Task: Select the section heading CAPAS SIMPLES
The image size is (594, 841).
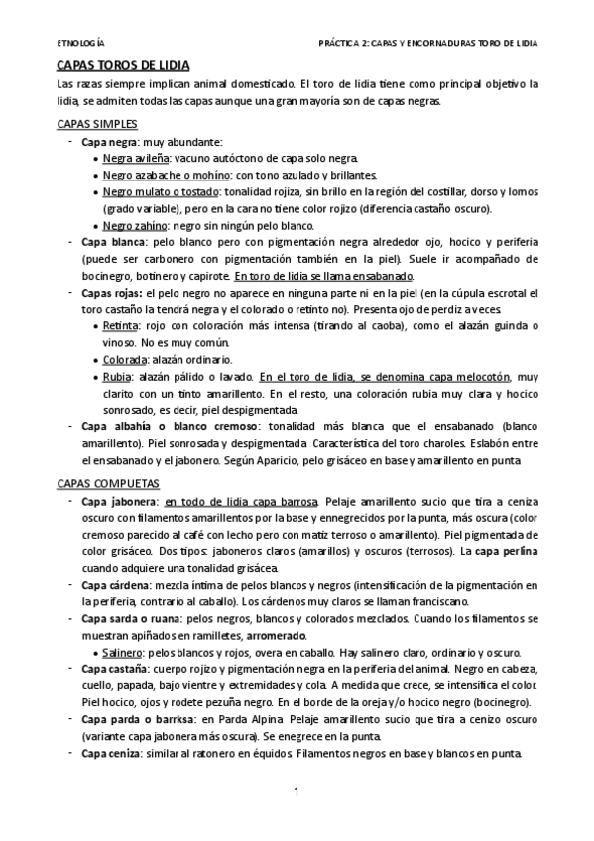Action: pyautogui.click(x=89, y=124)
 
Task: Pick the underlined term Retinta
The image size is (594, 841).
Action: pyautogui.click(x=121, y=325)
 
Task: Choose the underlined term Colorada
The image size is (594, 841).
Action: pyautogui.click(x=125, y=359)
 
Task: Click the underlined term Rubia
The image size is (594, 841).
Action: pyautogui.click(x=117, y=376)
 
